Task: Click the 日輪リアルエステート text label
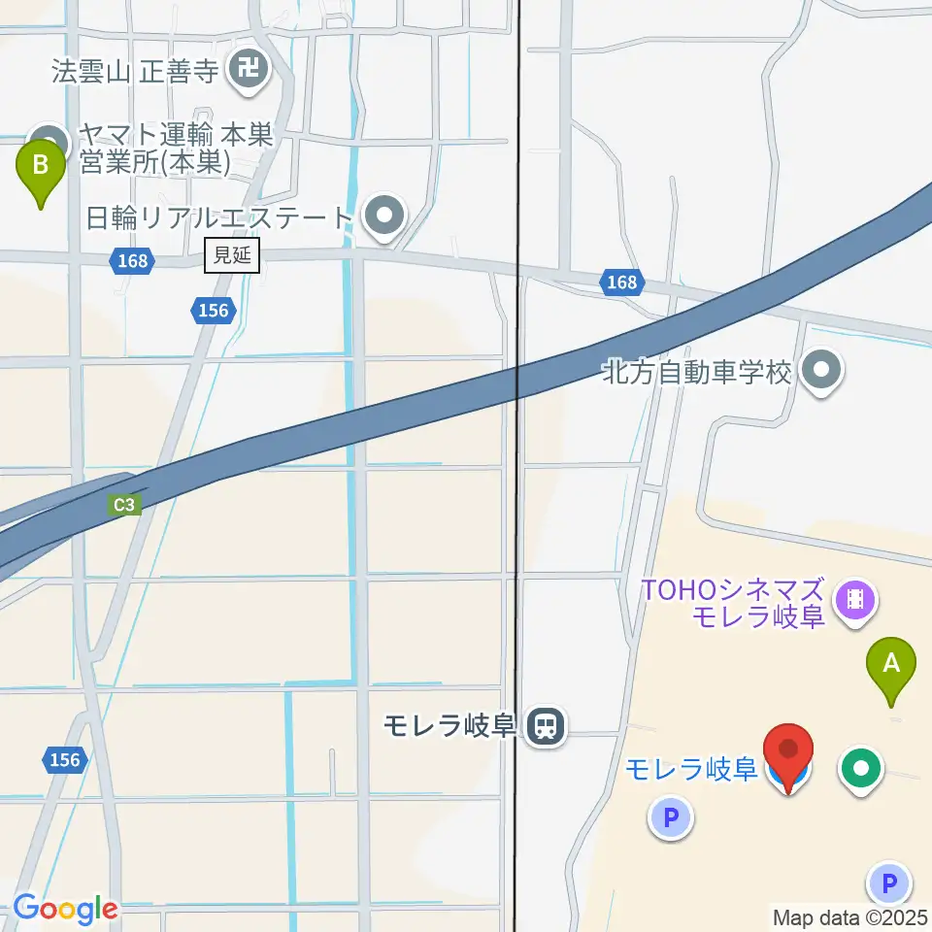point(217,216)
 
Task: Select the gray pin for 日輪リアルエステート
point(384,216)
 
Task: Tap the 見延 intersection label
point(232,256)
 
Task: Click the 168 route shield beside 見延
point(129,260)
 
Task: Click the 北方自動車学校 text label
point(697,371)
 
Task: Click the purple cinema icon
point(855,599)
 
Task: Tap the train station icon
point(546,725)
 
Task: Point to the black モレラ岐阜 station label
point(448,726)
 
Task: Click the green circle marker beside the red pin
point(861,769)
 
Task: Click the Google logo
point(65,909)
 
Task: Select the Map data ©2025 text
point(850,916)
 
